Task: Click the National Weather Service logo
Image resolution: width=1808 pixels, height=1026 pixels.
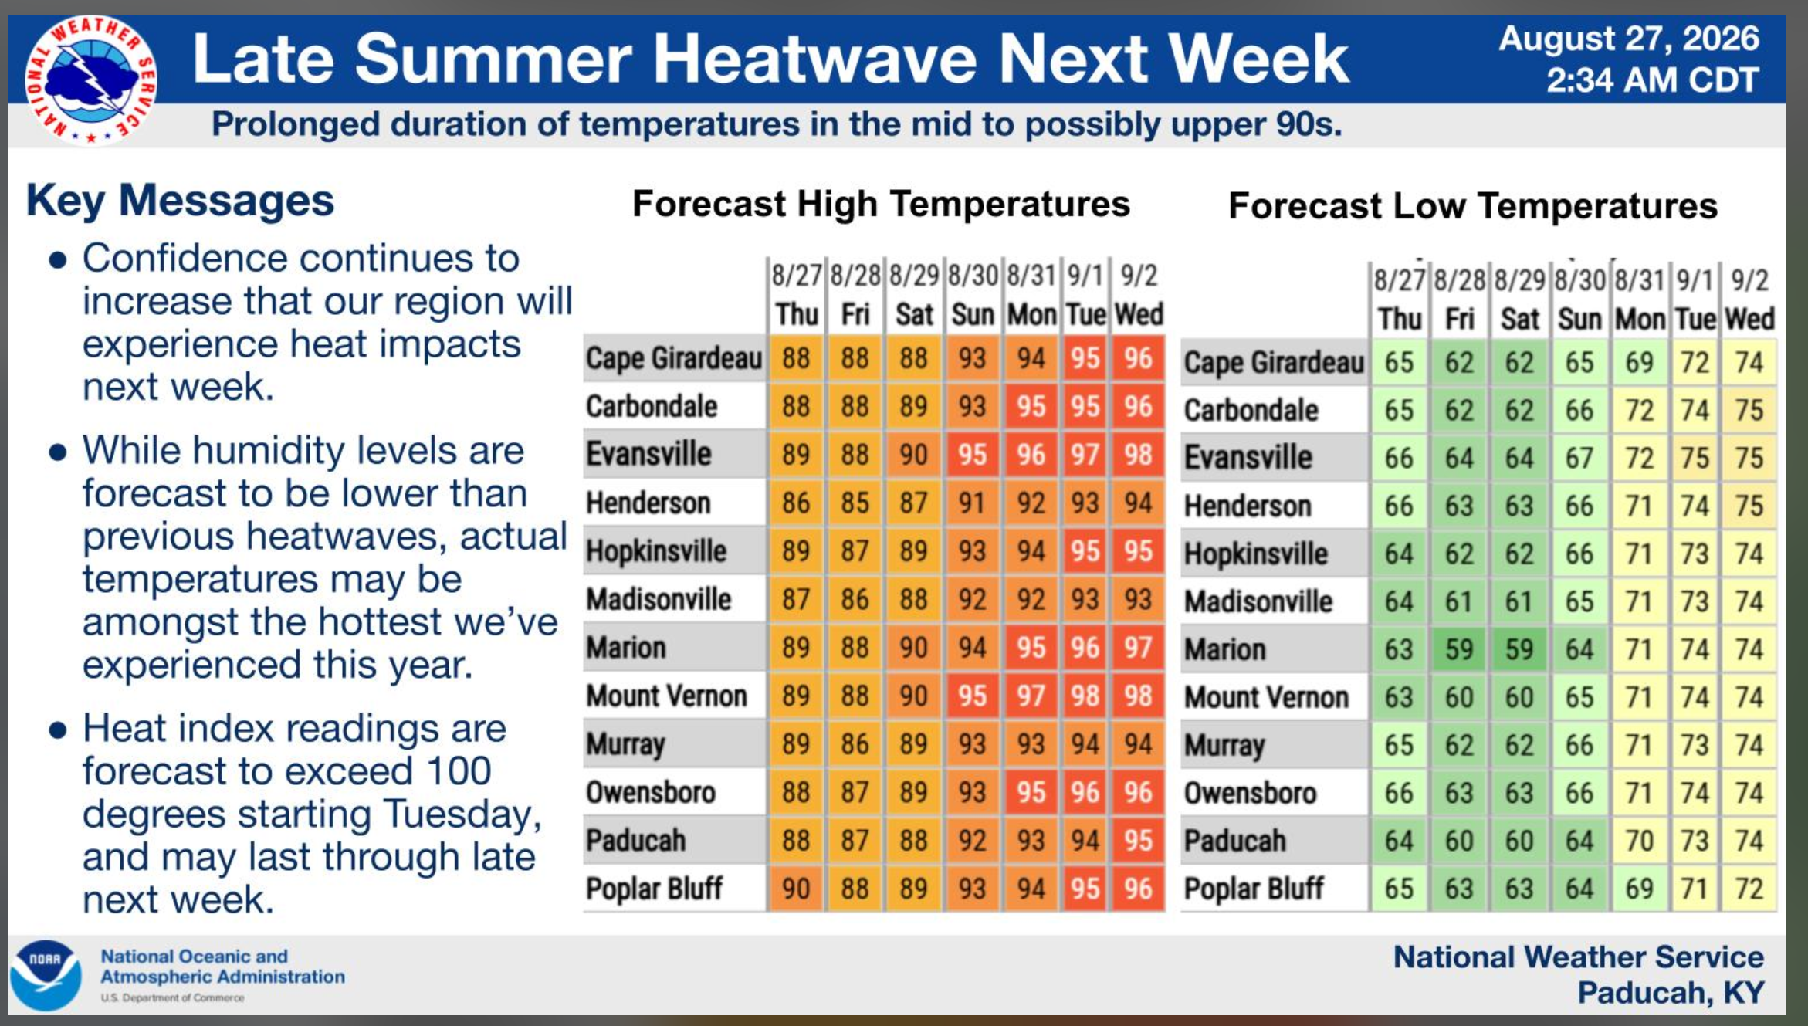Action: point(91,80)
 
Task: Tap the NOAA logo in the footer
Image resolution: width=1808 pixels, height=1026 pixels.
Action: point(46,975)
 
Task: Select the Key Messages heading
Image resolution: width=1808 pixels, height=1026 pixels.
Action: point(180,201)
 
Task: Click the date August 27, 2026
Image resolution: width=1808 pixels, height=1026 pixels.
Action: point(1628,39)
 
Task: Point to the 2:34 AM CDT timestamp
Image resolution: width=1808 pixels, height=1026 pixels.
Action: point(1652,80)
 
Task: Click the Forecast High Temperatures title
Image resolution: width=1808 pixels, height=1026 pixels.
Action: point(881,205)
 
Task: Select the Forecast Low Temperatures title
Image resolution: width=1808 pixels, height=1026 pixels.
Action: point(1473,206)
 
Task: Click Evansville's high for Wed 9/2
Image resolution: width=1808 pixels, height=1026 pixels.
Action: point(1138,455)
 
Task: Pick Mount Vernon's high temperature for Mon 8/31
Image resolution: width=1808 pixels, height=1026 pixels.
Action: point(1031,696)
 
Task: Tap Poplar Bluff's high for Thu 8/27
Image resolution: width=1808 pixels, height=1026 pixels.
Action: point(796,889)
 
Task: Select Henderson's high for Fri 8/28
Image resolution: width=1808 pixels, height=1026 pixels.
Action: point(855,503)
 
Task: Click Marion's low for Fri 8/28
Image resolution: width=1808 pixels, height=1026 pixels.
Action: point(1459,649)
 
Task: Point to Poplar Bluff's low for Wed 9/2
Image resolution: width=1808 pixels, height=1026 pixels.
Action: point(1749,889)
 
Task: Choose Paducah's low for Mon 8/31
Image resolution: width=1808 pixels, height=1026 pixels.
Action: point(1639,841)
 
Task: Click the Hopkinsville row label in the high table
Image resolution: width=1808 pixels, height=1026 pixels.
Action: point(656,551)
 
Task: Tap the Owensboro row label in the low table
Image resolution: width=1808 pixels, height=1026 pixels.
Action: point(1251,793)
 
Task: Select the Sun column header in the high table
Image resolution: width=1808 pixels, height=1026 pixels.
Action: point(972,315)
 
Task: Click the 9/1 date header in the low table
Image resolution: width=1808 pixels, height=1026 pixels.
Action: point(1695,279)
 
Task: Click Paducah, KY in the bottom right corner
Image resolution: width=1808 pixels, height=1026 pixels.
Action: point(1671,993)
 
